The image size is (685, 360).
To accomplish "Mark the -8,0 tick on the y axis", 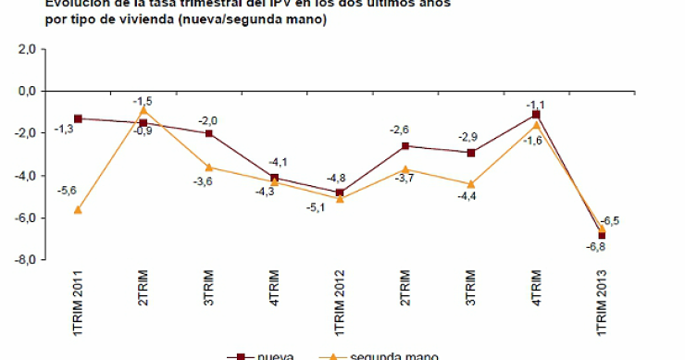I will [x=24, y=260].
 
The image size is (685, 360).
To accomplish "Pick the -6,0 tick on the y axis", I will [x=24, y=218].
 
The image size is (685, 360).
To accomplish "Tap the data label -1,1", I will [x=535, y=105].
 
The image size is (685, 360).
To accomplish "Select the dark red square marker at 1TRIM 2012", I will [x=340, y=192].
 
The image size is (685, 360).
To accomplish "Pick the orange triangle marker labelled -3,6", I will [x=209, y=168].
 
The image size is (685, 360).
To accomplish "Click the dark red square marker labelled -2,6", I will [x=405, y=146].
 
